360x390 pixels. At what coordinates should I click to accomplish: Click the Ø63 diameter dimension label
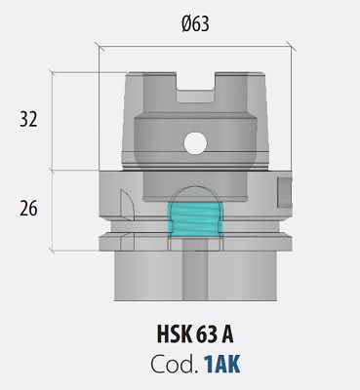(x=197, y=22)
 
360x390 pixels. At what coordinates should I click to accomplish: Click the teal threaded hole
(x=194, y=219)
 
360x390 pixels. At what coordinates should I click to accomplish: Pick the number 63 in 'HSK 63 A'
(x=210, y=335)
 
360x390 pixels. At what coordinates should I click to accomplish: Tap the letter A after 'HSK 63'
(x=228, y=335)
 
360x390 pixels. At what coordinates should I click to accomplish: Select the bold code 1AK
(x=220, y=364)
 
